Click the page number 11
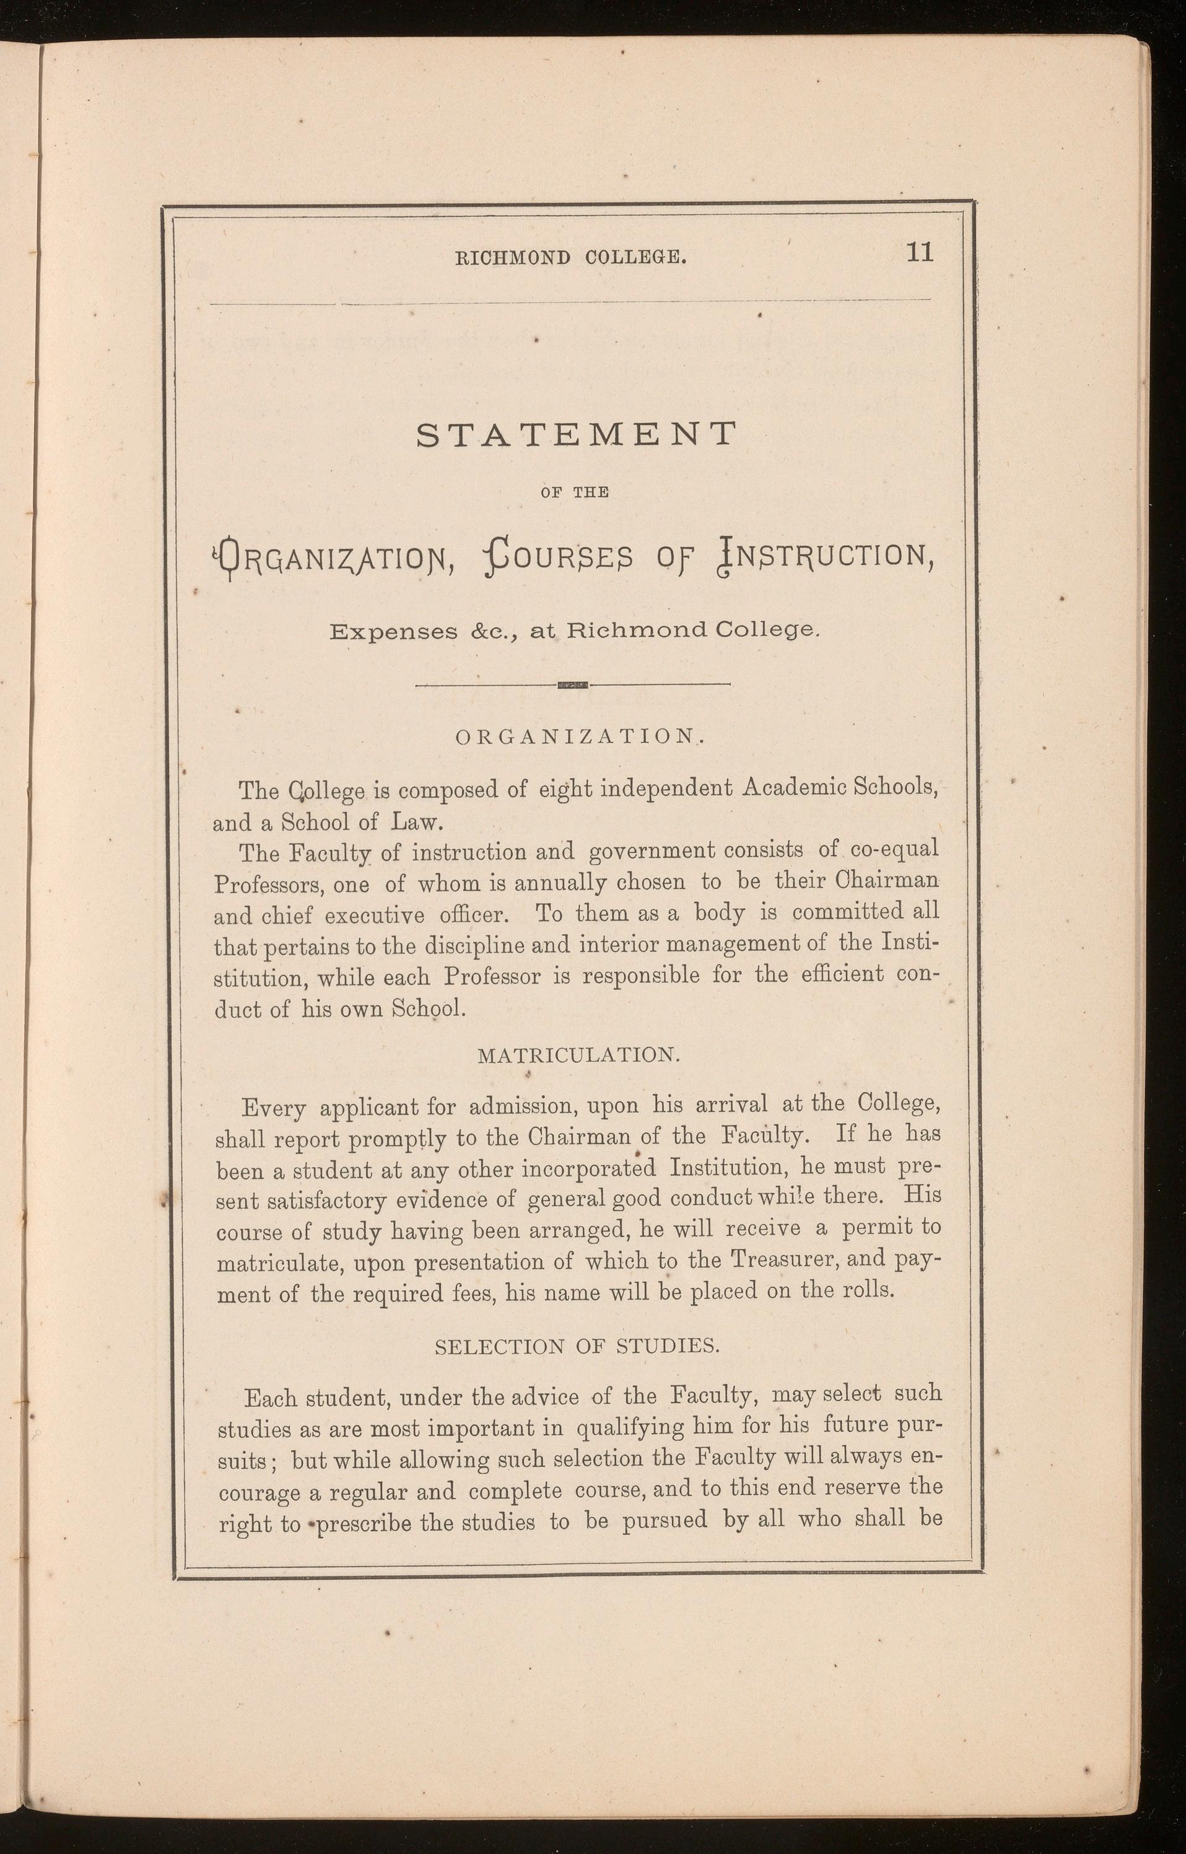coord(920,253)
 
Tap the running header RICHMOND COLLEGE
coord(572,257)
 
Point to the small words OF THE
coord(575,493)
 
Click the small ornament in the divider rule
coord(573,684)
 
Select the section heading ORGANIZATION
coord(576,737)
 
